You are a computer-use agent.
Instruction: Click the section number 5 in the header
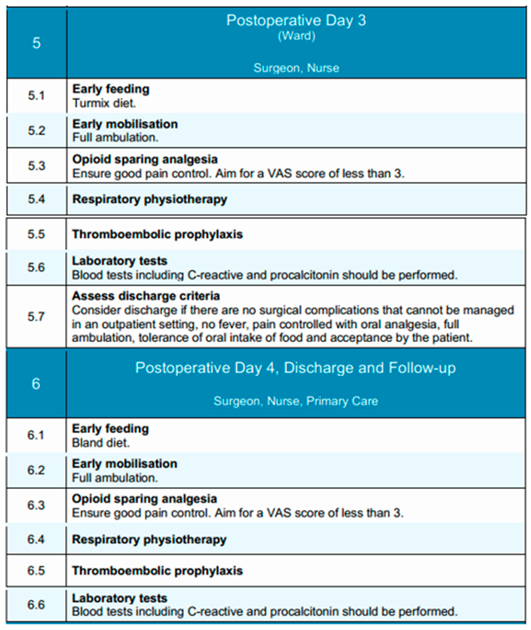[36, 43]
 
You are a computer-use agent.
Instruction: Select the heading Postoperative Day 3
[296, 20]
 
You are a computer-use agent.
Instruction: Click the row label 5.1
[36, 96]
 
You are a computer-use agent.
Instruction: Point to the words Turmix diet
[104, 103]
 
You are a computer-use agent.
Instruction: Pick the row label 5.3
[36, 166]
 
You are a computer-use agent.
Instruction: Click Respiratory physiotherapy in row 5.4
[150, 199]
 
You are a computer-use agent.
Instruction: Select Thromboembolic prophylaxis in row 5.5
[157, 234]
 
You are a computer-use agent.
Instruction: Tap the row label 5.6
[36, 267]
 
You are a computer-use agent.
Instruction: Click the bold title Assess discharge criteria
[146, 296]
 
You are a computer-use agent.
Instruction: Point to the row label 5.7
[36, 316]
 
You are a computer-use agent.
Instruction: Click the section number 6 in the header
[36, 384]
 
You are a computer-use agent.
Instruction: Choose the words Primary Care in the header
[342, 401]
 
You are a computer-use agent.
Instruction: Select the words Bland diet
[101, 443]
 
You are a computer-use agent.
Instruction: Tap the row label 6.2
[36, 470]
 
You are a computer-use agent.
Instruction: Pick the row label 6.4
[36, 539]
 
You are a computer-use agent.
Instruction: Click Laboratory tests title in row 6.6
[120, 598]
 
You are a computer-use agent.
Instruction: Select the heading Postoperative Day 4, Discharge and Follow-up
[296, 368]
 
